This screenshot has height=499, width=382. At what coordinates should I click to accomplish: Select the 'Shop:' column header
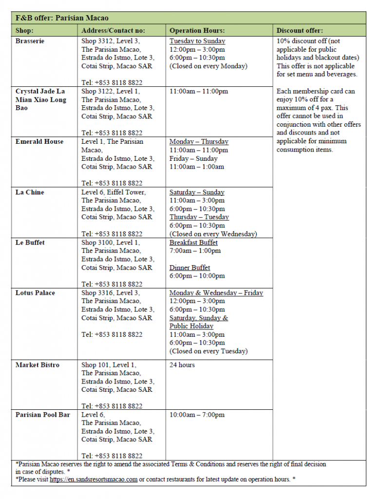tap(24, 30)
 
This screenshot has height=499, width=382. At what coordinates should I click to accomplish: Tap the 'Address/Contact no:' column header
tap(113, 30)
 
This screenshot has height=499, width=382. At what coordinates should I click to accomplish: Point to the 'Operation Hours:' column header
tap(197, 30)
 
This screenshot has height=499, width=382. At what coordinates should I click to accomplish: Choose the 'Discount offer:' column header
tap(300, 30)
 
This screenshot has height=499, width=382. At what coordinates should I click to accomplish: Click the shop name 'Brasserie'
tap(30, 41)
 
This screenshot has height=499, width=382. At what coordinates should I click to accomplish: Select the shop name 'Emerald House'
tap(39, 142)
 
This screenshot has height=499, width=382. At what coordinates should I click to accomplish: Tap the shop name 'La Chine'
tap(30, 192)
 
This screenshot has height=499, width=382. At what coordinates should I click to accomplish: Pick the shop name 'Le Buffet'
tap(30, 243)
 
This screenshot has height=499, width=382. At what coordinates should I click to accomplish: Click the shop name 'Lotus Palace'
tap(35, 293)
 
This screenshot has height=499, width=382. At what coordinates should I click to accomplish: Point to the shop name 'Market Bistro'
tap(38, 365)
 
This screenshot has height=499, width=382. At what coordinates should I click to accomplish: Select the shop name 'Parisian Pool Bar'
tap(43, 415)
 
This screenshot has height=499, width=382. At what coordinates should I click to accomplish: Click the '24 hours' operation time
tap(182, 365)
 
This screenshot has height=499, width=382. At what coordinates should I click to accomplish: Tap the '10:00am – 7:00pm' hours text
tap(197, 415)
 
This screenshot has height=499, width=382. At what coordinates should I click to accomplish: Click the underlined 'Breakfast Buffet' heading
tap(193, 243)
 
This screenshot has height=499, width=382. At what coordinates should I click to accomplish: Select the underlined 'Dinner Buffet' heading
tap(190, 268)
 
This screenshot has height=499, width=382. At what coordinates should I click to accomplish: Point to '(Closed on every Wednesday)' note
tap(213, 234)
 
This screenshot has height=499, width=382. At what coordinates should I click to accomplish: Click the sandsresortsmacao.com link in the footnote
tap(94, 480)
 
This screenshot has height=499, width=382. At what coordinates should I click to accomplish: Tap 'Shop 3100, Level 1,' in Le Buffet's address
tap(111, 243)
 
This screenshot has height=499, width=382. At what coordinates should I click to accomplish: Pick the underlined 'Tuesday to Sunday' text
tap(197, 41)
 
